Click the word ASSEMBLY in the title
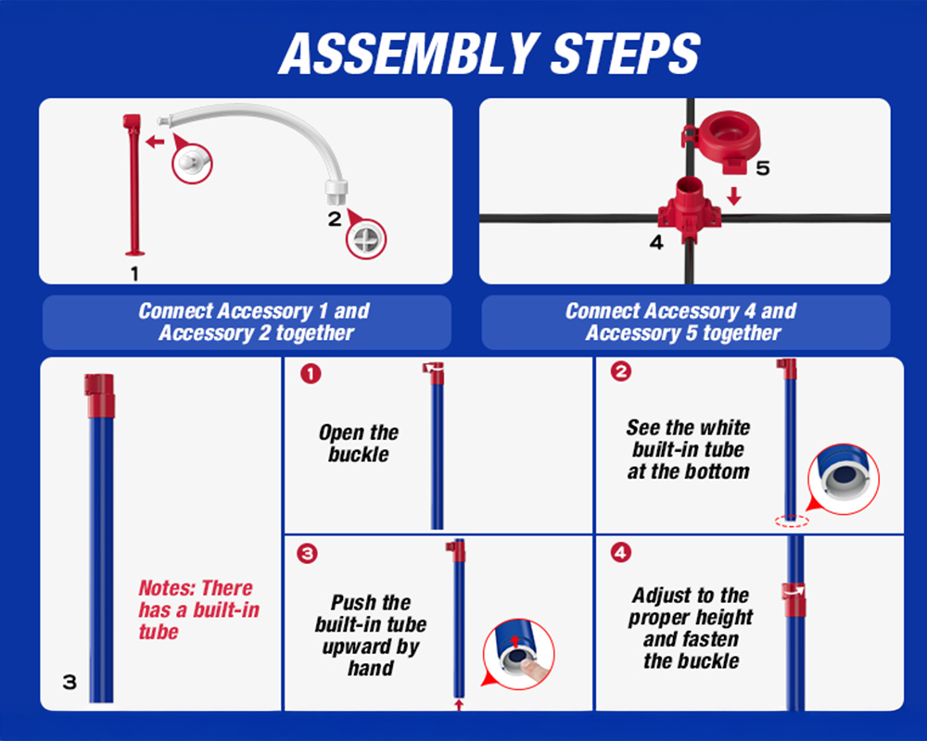(409, 53)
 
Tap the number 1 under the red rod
(134, 273)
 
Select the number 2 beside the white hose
(335, 220)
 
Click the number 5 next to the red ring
(763, 168)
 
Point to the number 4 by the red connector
(656, 243)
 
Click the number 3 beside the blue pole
(70, 682)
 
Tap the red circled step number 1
(311, 373)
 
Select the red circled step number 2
(621, 371)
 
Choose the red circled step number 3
(308, 554)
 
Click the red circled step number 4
(621, 553)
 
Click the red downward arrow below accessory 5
(734, 196)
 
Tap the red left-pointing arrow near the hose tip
(155, 141)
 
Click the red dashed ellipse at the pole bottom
(792, 521)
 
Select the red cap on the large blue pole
(99, 396)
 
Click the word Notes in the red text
(168, 588)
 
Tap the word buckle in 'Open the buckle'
(359, 455)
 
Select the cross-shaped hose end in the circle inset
(366, 239)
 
